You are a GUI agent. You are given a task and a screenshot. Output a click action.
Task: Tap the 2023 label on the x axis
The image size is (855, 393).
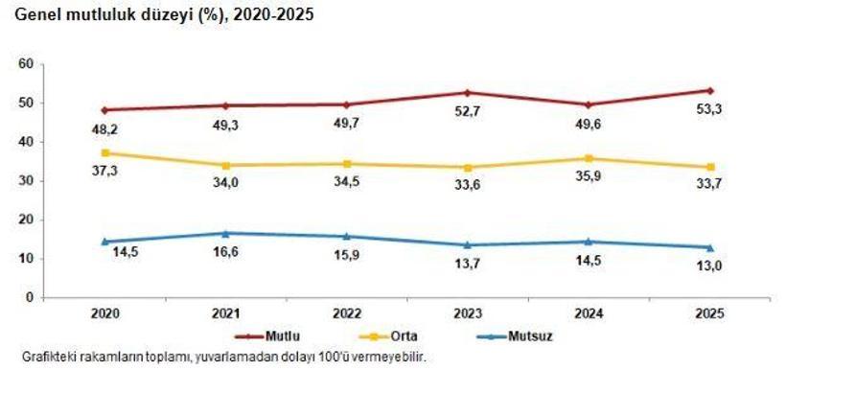click(468, 313)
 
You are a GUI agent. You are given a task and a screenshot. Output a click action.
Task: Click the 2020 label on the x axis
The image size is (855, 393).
click(104, 313)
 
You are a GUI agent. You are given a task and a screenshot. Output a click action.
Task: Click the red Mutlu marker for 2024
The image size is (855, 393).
click(589, 104)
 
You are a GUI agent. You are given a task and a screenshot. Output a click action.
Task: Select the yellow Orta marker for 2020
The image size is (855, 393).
click(104, 152)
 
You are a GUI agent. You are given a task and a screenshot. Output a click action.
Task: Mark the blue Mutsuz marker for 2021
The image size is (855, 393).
click(225, 233)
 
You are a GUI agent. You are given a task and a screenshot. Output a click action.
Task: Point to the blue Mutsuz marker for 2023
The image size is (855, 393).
click(468, 244)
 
